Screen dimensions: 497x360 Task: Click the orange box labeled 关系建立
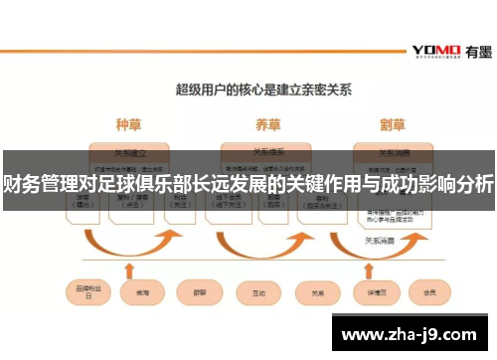(x=127, y=154)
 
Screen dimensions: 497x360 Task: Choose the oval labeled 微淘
(x=134, y=294)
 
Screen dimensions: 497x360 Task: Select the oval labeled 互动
(x=258, y=294)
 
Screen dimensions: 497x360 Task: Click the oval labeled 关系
(x=317, y=294)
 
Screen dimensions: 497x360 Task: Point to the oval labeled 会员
(x=430, y=294)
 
